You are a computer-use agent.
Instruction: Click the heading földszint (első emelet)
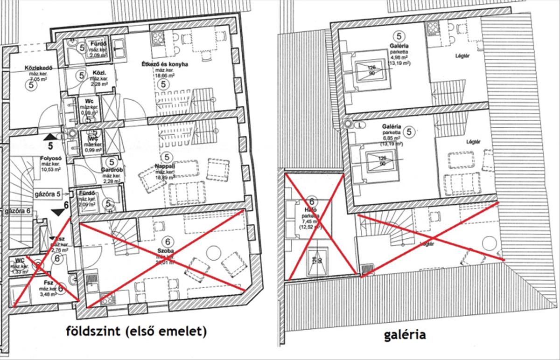[136, 332]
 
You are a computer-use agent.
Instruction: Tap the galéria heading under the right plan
[405, 334]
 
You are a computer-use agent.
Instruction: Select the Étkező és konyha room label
[165, 64]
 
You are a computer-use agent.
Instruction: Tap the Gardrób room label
[112, 170]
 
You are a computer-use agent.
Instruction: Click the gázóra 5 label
[47, 193]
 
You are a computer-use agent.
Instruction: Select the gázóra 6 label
[18, 211]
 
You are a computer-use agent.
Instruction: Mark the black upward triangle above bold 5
[49, 137]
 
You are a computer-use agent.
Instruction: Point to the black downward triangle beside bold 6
[58, 213]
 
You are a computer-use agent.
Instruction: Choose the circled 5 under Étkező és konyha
[163, 84]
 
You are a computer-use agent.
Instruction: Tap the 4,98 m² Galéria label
[398, 46]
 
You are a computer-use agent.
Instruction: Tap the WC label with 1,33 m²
[20, 260]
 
